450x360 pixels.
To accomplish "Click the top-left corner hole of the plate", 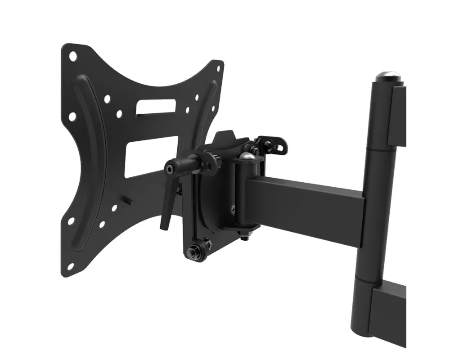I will point(72,56).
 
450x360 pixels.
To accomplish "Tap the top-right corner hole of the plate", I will point(219,69).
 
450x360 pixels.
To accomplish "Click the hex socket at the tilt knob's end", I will point(169,169).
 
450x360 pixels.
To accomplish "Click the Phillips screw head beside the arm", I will point(233,208).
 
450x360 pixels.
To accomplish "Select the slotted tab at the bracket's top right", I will point(275,145).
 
